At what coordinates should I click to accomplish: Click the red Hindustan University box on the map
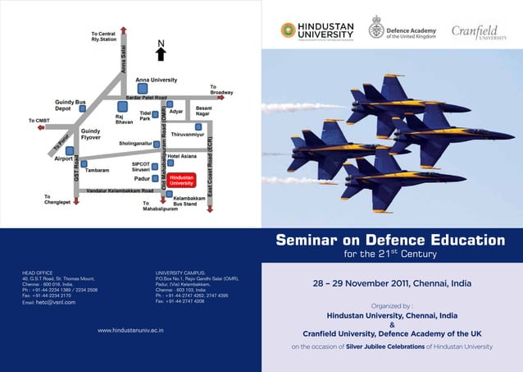click(181, 180)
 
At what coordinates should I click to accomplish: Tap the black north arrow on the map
click(161, 51)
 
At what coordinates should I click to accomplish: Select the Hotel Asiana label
click(182, 155)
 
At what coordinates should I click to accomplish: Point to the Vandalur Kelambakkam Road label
click(120, 191)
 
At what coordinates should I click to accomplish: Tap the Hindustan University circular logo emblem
click(288, 30)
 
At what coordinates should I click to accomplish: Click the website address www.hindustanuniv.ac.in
click(130, 330)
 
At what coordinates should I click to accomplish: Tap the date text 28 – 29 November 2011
click(392, 284)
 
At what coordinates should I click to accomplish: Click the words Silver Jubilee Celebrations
click(384, 347)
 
